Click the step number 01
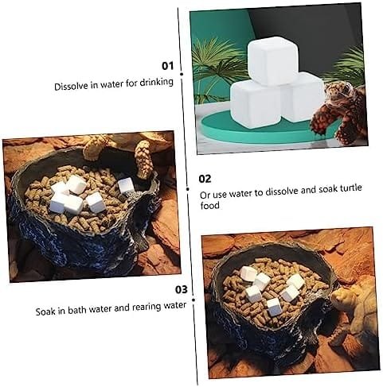click(168, 65)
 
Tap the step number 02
click(205, 179)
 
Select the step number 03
click(182, 289)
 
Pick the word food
click(209, 205)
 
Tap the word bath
click(78, 310)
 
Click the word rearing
click(147, 308)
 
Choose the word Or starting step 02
click(205, 195)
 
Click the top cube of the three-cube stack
click(273, 60)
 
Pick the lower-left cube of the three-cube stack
click(256, 105)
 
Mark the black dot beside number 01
click(182, 74)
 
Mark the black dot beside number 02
click(188, 189)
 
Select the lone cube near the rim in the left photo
click(126, 185)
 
